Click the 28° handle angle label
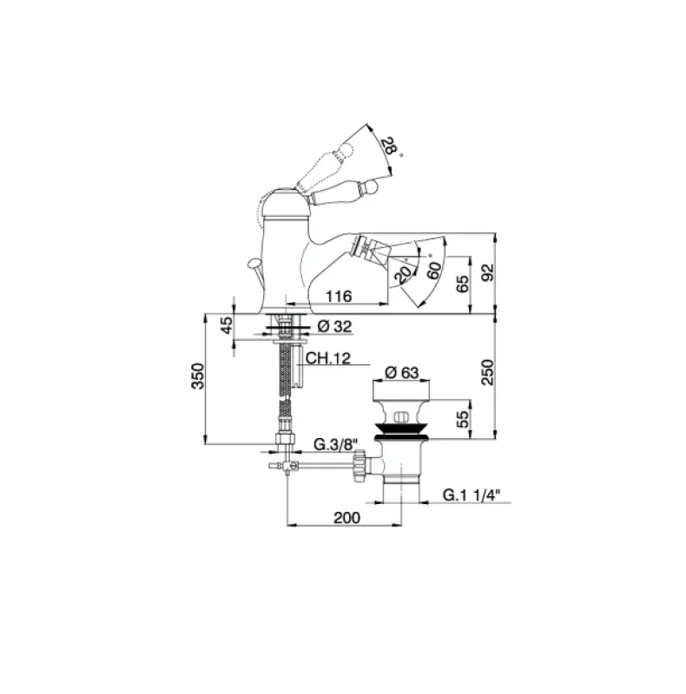[x=390, y=147]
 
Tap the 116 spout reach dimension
[x=339, y=296]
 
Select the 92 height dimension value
[x=487, y=272]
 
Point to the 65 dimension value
[x=462, y=284]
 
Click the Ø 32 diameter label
[x=334, y=327]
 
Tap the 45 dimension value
[x=226, y=325]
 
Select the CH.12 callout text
[x=328, y=357]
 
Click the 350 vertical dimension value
[x=198, y=376]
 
